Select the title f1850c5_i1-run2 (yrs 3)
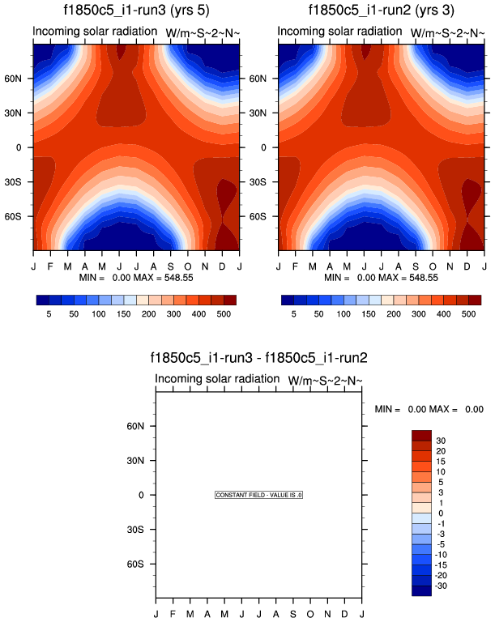click(x=381, y=11)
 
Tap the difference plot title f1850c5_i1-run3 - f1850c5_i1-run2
click(x=258, y=357)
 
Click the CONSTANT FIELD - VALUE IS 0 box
click(x=258, y=495)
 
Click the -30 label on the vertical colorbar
click(x=442, y=586)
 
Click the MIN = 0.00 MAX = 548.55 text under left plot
click(x=136, y=277)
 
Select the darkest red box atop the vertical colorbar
click(x=421, y=435)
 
